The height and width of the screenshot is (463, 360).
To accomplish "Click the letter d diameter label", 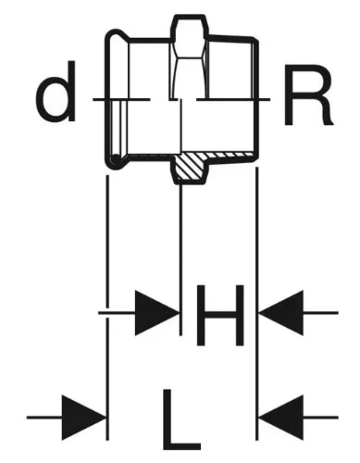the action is (56, 91).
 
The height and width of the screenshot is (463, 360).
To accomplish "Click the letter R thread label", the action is (308, 94).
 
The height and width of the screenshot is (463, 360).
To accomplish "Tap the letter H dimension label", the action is (220, 315).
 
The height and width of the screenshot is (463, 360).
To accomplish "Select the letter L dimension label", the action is (181, 419).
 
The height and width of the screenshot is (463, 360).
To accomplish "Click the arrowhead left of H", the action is (156, 313).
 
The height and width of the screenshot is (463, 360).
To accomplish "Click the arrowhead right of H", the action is (281, 313).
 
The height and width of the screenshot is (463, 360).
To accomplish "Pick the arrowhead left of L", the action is (84, 418).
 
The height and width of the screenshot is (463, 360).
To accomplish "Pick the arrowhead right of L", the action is (281, 418).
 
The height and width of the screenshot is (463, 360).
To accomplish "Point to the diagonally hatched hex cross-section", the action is (189, 167).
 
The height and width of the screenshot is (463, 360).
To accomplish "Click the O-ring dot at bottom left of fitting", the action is (116, 159).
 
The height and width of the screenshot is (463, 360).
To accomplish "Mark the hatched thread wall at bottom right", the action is (230, 155).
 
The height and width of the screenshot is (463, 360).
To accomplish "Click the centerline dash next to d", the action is (121, 99).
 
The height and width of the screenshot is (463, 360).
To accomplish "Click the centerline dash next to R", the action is (233, 99).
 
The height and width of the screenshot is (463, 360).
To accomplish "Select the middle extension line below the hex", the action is (180, 260).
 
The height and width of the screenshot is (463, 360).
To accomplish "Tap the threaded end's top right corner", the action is (255, 40).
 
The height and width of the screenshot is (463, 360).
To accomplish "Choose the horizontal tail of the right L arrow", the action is (321, 418).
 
